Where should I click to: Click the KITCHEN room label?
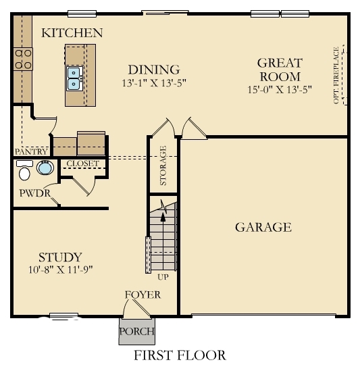72,33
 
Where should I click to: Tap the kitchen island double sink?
74,78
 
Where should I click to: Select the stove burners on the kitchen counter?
24,59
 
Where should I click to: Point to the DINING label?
154,70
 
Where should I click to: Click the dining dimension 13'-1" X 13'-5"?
154,84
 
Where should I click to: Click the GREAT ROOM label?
279,70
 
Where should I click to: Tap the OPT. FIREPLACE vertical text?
336,76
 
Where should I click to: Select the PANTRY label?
30,152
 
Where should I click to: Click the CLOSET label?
82,164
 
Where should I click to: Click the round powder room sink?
45,168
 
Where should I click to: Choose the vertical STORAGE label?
163,166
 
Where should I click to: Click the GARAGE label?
263,227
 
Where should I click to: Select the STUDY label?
60,257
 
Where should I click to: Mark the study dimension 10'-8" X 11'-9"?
60,269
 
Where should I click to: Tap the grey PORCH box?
136,331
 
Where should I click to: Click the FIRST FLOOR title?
180,355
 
